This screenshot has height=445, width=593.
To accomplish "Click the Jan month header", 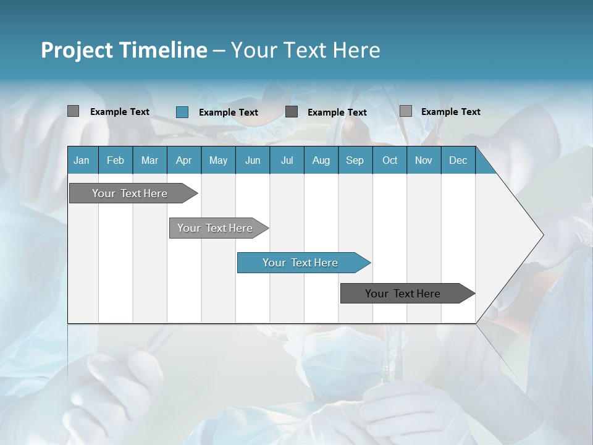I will coord(82,160).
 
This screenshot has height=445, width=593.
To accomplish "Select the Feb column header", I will coord(116,160).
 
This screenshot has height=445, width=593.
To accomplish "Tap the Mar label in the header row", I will coord(149,160).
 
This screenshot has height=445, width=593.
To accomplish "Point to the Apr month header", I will coord(183,160).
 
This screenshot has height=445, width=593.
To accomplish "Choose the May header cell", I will coord(218,160).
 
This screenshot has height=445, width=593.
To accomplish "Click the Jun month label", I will coord(253,160).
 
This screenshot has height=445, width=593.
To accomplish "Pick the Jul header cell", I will coord(287,160).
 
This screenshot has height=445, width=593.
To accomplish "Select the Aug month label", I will coord(321,160).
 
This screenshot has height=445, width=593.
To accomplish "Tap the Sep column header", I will coord(355,160).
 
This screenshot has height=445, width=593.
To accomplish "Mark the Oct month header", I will coord(390,160).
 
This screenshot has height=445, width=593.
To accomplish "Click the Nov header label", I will coord(424,160).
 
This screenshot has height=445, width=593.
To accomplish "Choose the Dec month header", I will coord(458,160).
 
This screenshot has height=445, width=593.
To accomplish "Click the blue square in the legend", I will coord(182,112).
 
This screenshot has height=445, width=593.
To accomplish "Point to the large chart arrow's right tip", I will coord(542,235).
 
